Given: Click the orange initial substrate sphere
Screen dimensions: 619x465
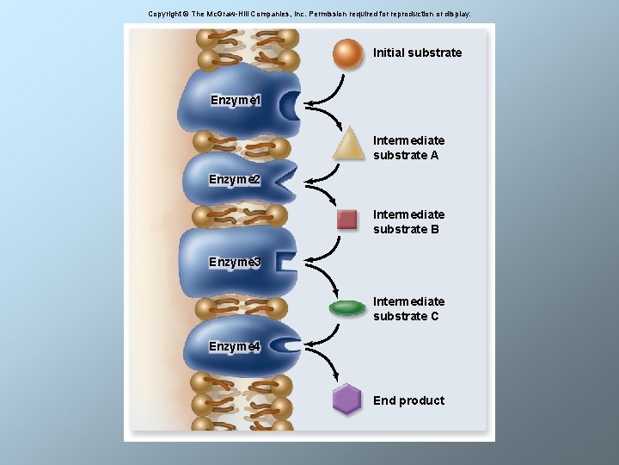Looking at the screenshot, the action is (x=347, y=53).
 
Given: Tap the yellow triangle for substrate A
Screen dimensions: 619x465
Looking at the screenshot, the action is (x=348, y=144).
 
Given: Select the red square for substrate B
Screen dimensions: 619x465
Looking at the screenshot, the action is (x=347, y=220).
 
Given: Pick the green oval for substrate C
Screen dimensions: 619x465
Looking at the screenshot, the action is (x=347, y=308).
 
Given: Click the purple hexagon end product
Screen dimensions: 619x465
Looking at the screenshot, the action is (x=346, y=399).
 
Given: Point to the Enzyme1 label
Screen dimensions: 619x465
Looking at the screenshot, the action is (x=236, y=101).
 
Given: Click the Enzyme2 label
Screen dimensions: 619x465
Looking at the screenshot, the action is (x=235, y=179).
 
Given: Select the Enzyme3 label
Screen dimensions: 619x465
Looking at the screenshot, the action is (x=235, y=262).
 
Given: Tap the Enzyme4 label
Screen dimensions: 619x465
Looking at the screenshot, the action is (x=235, y=346).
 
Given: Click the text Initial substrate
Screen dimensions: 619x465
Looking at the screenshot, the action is (x=417, y=53).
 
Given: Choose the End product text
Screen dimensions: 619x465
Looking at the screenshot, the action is (x=408, y=400).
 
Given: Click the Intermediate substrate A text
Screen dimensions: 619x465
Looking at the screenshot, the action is (x=409, y=148).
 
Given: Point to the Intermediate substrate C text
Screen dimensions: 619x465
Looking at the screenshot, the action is (x=409, y=309).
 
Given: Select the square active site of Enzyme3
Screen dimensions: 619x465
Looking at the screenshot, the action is (x=285, y=262).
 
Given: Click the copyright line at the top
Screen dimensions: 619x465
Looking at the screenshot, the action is (x=309, y=15).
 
